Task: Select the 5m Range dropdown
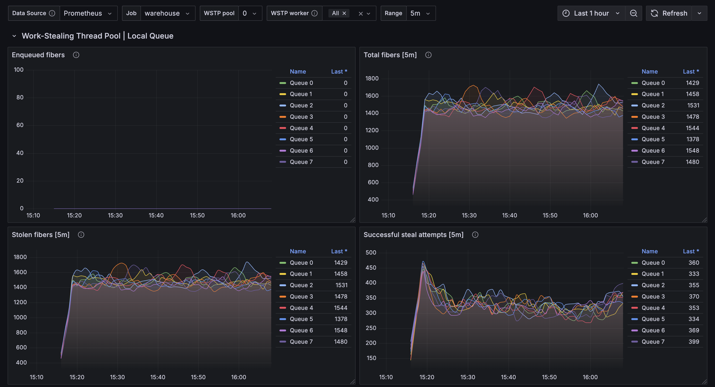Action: coord(420,13)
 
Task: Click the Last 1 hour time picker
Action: coord(591,13)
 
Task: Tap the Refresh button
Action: coord(669,13)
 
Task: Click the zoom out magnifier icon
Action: coord(633,13)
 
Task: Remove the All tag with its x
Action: coord(344,13)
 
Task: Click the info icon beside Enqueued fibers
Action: coord(76,55)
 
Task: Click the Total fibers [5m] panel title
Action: coord(390,55)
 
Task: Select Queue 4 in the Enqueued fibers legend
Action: coord(301,128)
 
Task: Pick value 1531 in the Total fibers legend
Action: coord(693,106)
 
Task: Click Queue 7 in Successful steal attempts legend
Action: coord(653,342)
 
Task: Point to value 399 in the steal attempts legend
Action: coord(694,342)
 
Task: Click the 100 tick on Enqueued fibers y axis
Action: coord(19,70)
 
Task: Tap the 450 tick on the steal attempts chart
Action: coord(371,268)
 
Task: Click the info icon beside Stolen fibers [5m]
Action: coord(81,235)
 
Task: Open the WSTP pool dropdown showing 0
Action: coord(250,13)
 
